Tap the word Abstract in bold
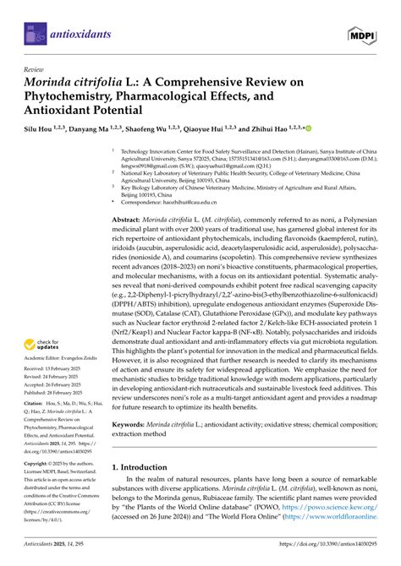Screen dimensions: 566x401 coord(129,219)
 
